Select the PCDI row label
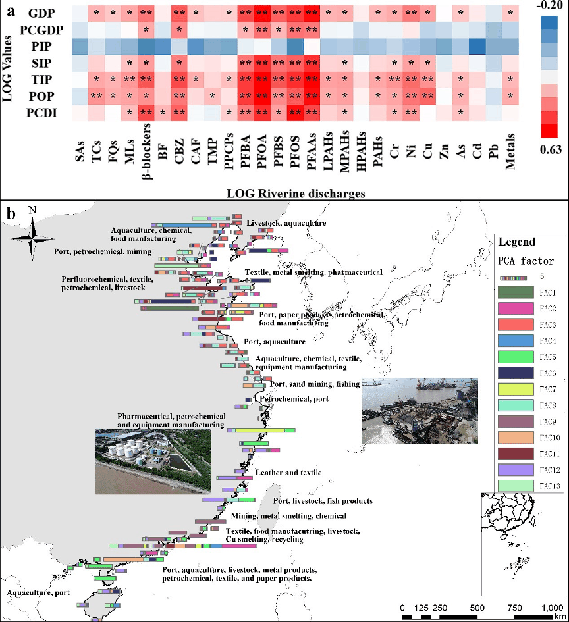[40, 113]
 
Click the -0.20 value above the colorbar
[550, 7]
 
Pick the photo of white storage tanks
[153, 461]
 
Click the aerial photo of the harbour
[420, 411]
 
